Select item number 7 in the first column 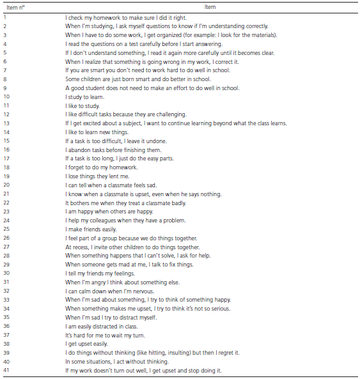(x=5, y=70)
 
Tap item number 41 (x=7, y=371)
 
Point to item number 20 (x=7, y=185)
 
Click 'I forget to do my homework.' (x=101, y=167)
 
